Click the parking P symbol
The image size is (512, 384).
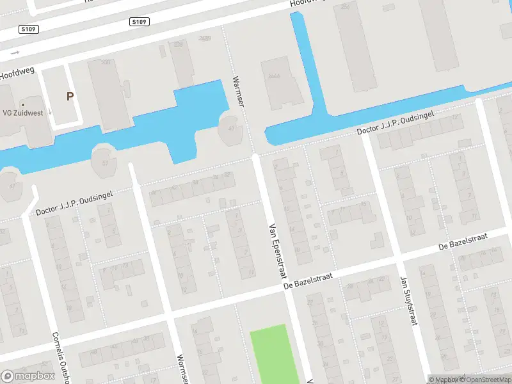click(x=69, y=97)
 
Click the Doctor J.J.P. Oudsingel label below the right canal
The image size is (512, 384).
click(x=396, y=123)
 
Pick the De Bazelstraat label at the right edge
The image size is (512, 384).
click(x=463, y=241)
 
